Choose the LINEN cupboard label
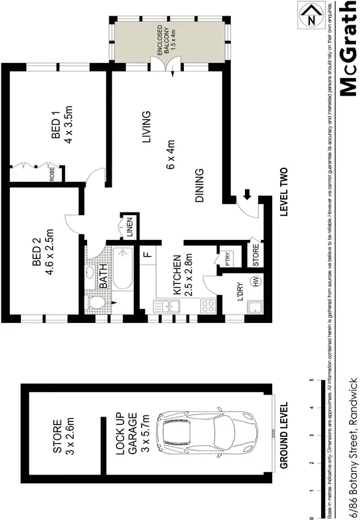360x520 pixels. pyautogui.click(x=130, y=228)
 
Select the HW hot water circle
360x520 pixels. pyautogui.click(x=255, y=281)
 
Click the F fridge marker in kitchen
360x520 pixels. pyautogui.click(x=148, y=253)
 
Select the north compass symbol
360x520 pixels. pyautogui.click(x=310, y=16)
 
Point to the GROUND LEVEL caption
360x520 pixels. pyautogui.click(x=284, y=430)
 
